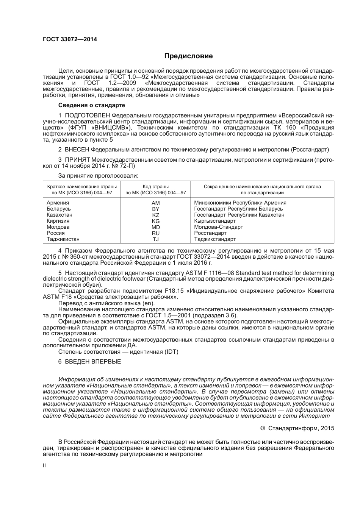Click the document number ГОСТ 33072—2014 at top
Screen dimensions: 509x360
pos(70,39)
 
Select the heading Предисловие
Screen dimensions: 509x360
pos(188,56)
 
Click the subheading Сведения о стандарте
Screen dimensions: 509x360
pos(91,105)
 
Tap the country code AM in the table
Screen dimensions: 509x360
pos(155,203)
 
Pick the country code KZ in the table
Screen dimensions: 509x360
pos(155,215)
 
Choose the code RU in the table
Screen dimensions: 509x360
pos(155,233)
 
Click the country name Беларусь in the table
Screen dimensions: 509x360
pos(59,209)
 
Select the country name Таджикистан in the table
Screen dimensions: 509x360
pos(63,239)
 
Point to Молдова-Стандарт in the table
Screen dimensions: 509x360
pos(218,227)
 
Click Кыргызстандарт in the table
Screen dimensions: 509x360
pos(215,221)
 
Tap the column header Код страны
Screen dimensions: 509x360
pos(155,187)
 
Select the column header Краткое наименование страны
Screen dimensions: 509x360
pos(82,187)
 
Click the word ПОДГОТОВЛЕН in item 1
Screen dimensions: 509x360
pos(88,115)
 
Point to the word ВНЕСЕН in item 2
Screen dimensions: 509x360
pos(77,150)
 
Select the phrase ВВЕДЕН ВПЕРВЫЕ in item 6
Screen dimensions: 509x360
pos(93,362)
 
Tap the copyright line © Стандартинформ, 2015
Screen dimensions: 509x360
pos(297,428)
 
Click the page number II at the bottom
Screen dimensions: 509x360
pos(44,465)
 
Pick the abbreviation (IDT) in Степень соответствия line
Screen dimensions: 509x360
pos(171,352)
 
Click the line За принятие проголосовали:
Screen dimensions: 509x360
pos(98,176)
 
